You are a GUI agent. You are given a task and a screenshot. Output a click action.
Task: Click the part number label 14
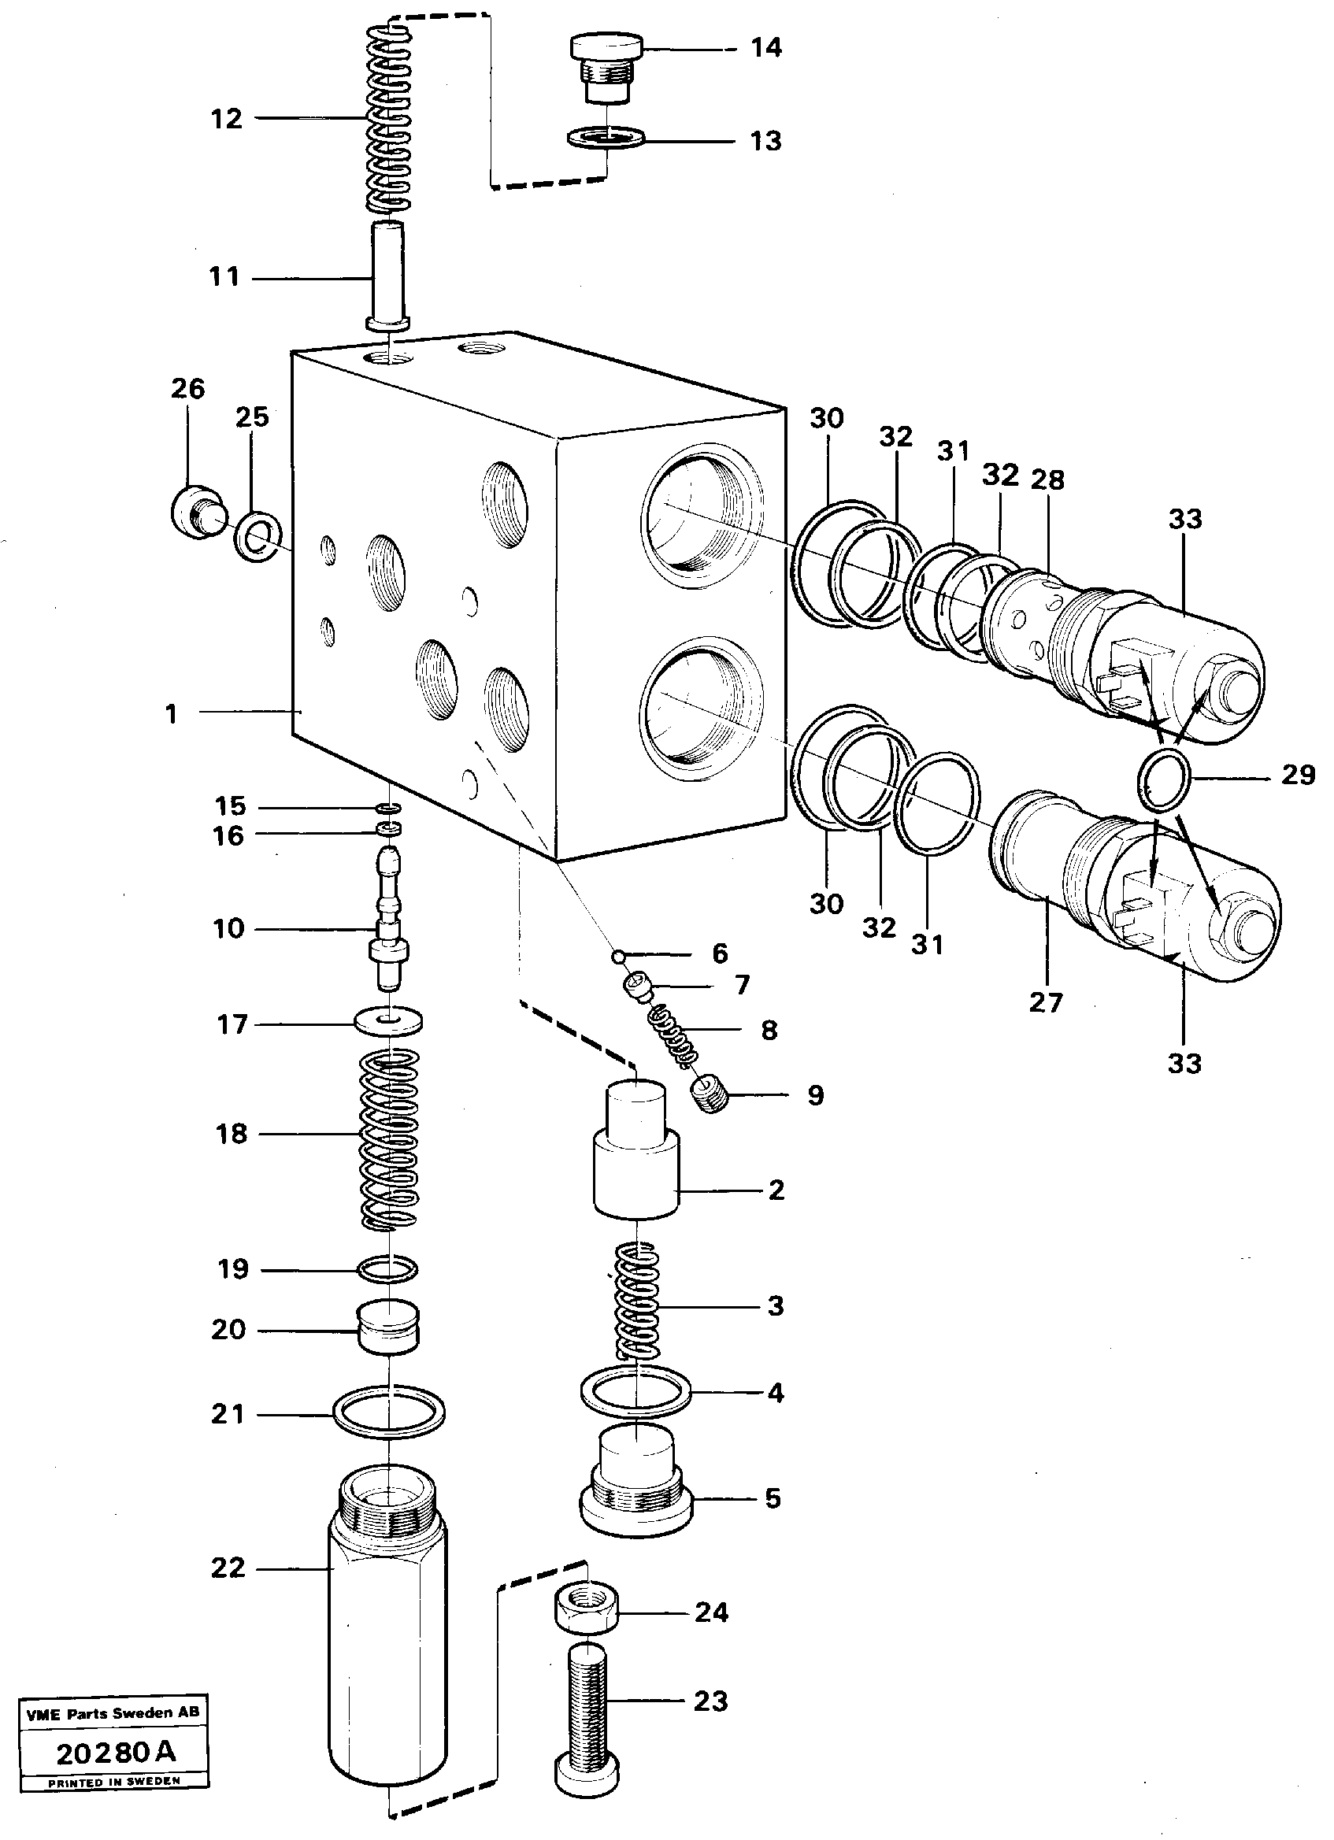(765, 48)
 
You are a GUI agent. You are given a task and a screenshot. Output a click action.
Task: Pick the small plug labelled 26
(195, 511)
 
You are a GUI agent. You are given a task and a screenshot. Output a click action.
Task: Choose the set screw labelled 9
(711, 1096)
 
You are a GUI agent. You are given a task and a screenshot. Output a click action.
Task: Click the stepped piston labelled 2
(636, 1164)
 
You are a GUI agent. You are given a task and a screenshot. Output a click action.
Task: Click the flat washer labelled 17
(390, 1020)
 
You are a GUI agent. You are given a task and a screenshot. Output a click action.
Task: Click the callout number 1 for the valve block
(171, 714)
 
